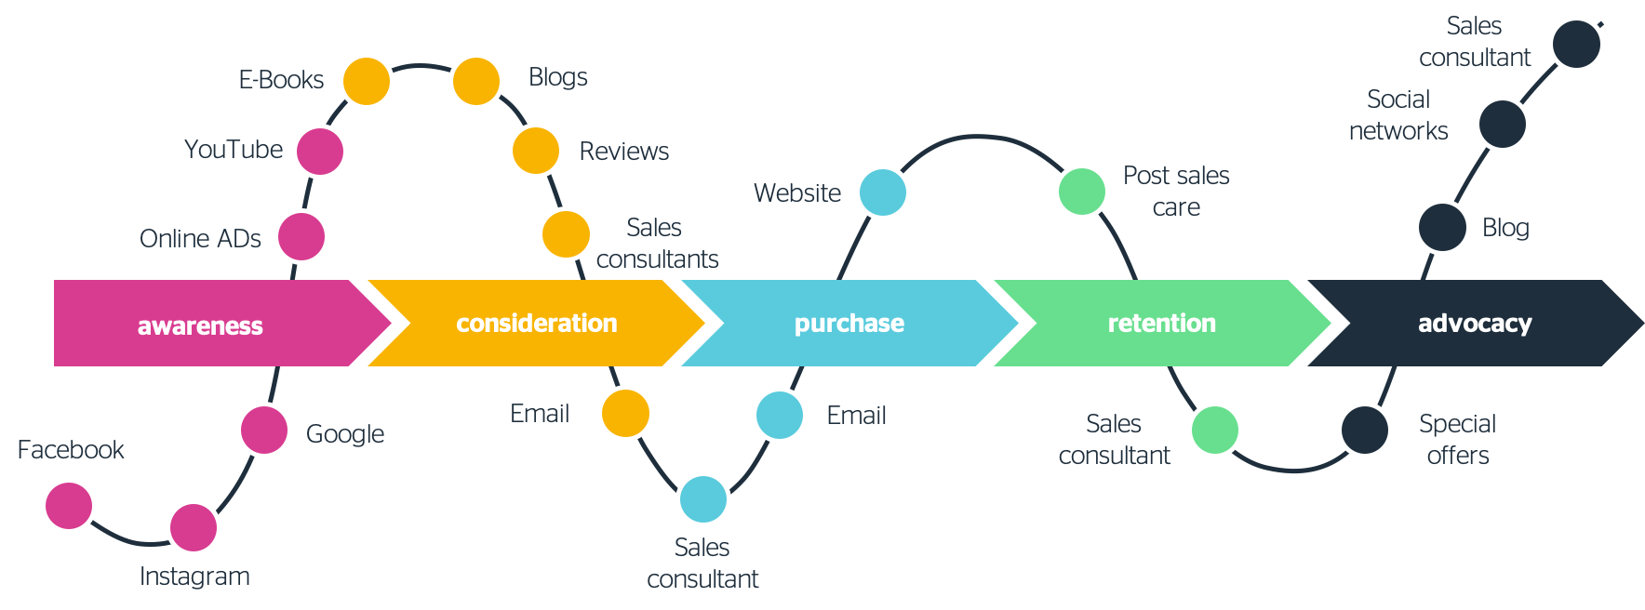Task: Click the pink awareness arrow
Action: tap(200, 324)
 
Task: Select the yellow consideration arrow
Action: tap(536, 323)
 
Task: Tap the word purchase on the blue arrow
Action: tap(849, 323)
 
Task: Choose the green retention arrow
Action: tap(1161, 323)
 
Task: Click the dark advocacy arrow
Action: tap(1475, 323)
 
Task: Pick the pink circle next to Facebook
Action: tap(69, 505)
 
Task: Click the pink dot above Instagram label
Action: tap(194, 527)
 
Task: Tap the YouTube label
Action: tap(233, 150)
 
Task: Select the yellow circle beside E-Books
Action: tap(366, 81)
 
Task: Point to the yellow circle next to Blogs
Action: tap(476, 81)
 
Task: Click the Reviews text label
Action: tap(623, 152)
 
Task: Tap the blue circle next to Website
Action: tap(883, 192)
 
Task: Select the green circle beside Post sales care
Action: tap(1082, 192)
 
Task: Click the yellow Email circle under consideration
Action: tap(625, 413)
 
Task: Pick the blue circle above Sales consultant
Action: tap(703, 499)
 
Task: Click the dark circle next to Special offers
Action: tap(1365, 430)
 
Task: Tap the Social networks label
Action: tap(1398, 115)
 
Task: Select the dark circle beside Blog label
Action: tap(1442, 227)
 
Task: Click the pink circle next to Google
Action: tap(264, 430)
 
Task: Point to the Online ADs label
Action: tap(200, 239)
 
